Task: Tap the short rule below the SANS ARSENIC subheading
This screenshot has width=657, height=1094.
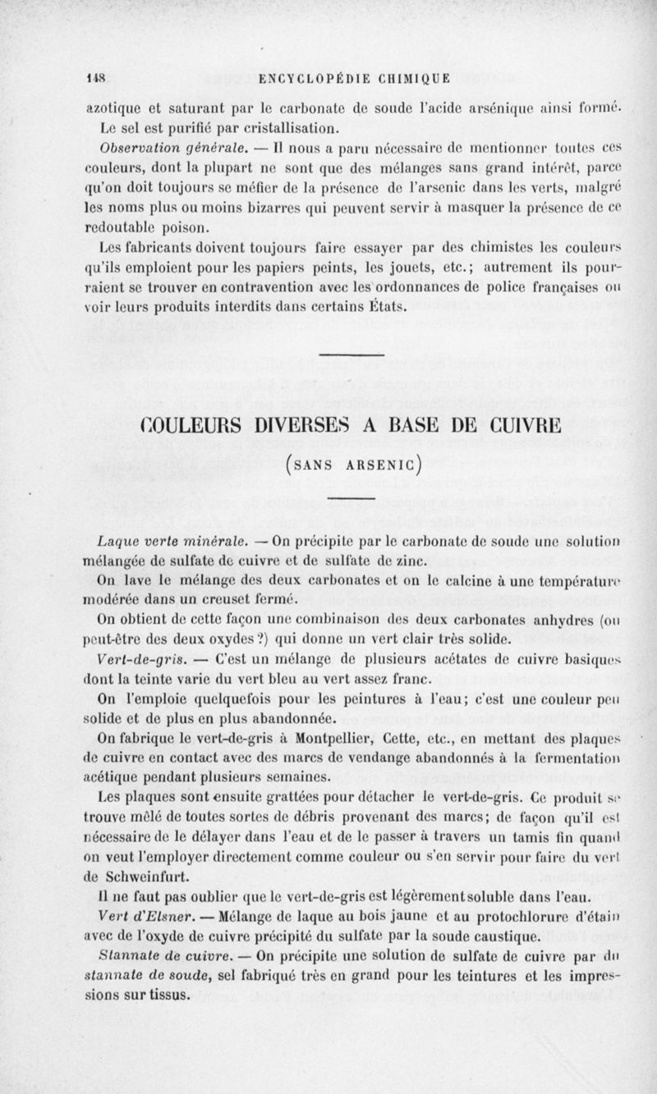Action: click(x=351, y=497)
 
